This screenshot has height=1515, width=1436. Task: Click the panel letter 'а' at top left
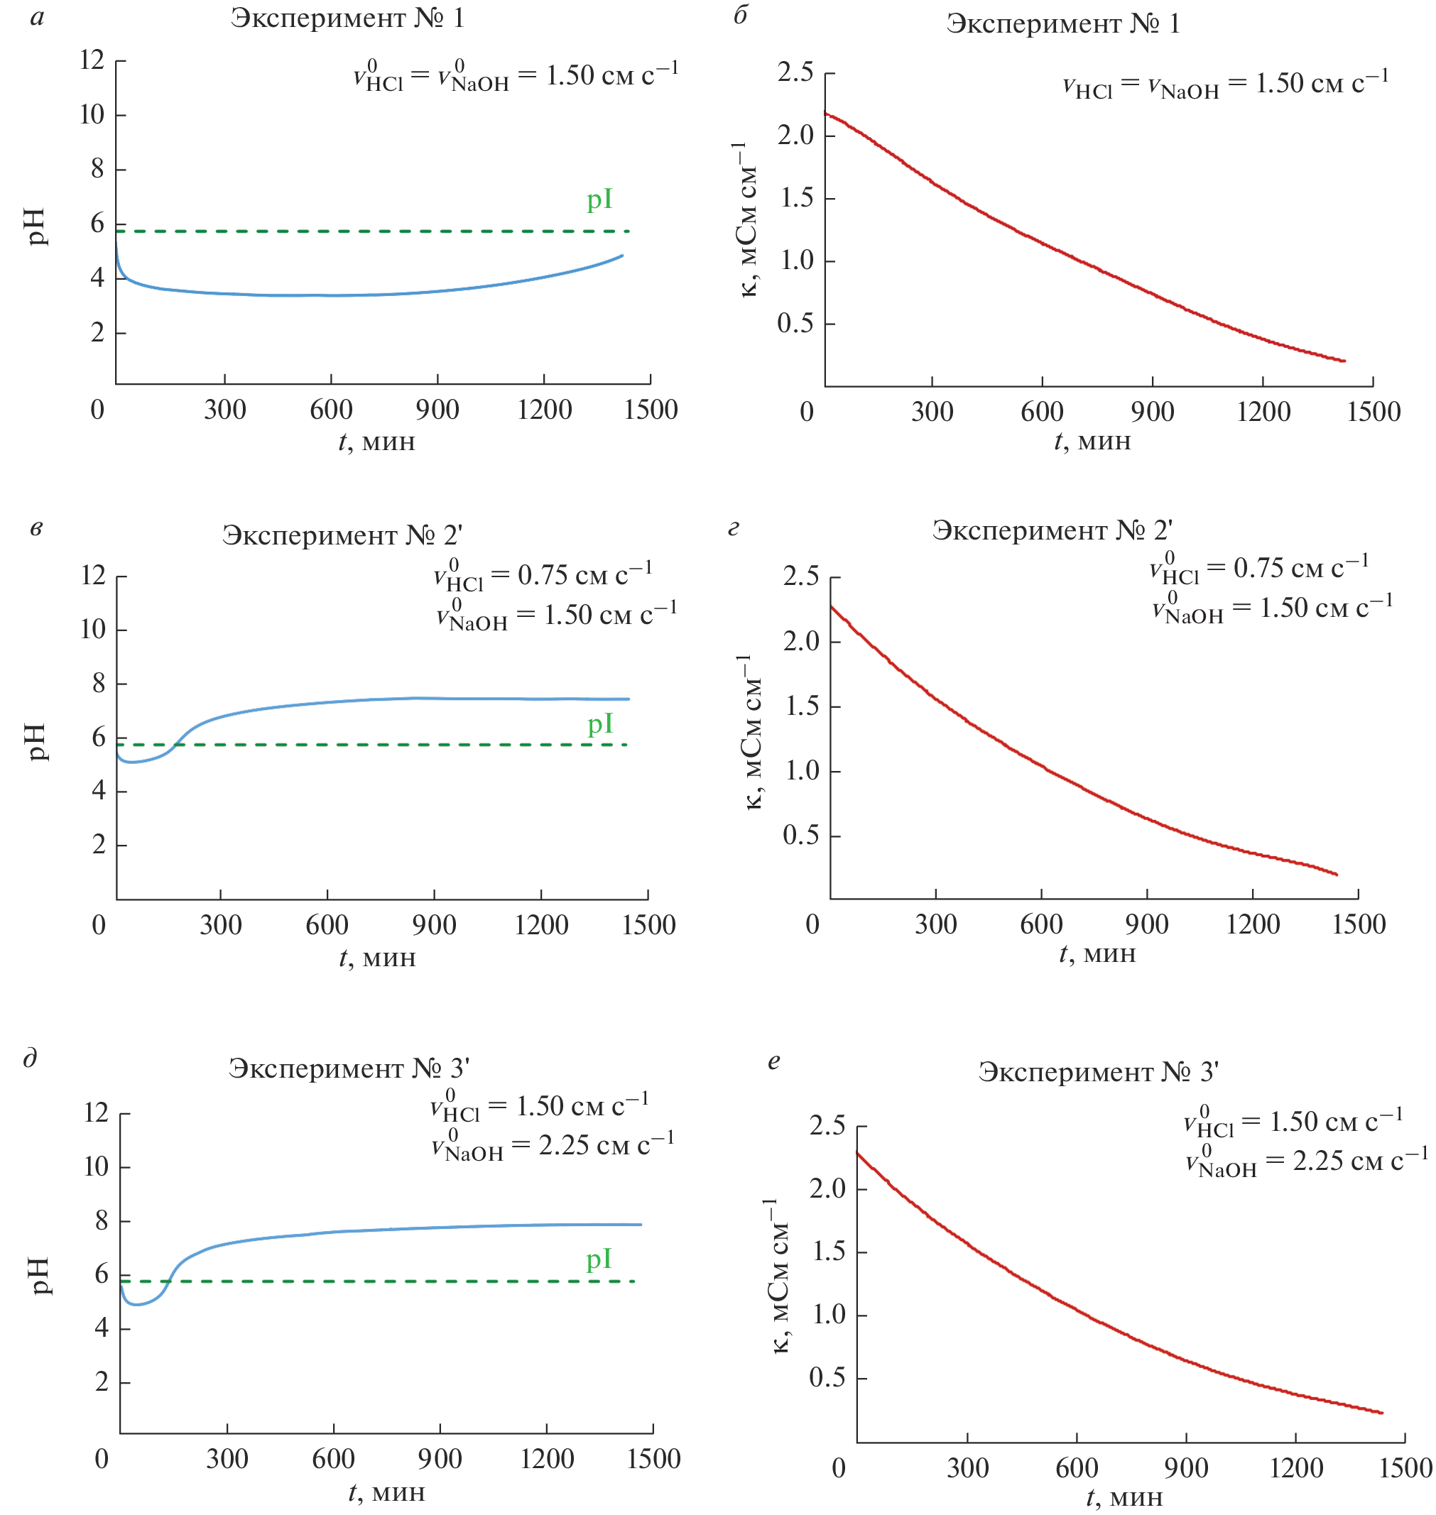coord(37,18)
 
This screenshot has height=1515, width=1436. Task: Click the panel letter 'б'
coord(740,16)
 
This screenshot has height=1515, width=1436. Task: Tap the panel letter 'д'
coord(31,1059)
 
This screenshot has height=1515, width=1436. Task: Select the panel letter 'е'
coord(774,1061)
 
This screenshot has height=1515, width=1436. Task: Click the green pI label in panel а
coord(599,200)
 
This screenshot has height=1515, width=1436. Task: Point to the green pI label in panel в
coord(600,724)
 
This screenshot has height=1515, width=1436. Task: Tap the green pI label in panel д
coord(599,1259)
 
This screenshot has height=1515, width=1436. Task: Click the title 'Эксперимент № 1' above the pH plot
coord(347,18)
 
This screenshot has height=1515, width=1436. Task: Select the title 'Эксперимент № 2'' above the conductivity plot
coord(1052,530)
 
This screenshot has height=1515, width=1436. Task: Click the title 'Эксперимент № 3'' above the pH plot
coord(348,1068)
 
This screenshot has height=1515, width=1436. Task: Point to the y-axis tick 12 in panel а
coord(92,60)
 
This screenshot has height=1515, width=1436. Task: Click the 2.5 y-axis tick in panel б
coord(795,72)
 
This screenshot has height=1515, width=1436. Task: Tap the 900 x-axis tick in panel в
coord(434,924)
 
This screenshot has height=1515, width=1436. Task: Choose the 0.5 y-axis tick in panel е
coord(827,1377)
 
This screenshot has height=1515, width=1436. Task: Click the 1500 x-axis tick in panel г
coord(1359,924)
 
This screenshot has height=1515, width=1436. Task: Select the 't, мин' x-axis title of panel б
coord(1092,442)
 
